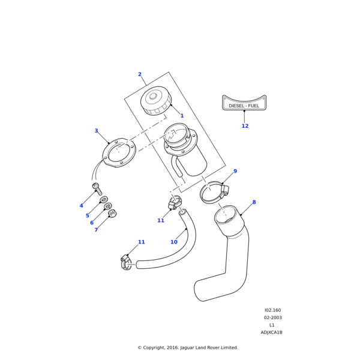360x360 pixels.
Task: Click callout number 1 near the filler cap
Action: coord(182,116)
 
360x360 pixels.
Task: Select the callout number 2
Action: coord(140,74)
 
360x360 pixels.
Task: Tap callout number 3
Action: coord(96,131)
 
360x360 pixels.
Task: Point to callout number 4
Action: coord(82,206)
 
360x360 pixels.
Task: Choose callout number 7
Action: coord(96,230)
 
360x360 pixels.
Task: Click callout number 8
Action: coord(254,202)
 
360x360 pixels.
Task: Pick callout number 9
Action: coord(235,171)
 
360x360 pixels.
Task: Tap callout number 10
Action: coord(174,242)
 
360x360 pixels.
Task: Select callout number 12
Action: coord(245,126)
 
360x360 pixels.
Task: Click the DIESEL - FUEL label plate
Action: coord(244,104)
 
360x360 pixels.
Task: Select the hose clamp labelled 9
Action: coord(214,193)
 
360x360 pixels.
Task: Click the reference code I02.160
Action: coord(272,310)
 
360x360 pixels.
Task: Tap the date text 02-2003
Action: coord(272,317)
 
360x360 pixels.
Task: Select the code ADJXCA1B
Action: coord(271,332)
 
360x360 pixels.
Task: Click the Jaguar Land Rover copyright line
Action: coord(188,347)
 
